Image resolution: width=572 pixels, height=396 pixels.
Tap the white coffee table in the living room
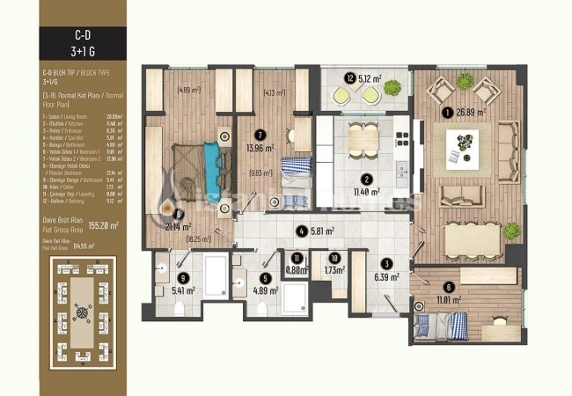click(x=462, y=142)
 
